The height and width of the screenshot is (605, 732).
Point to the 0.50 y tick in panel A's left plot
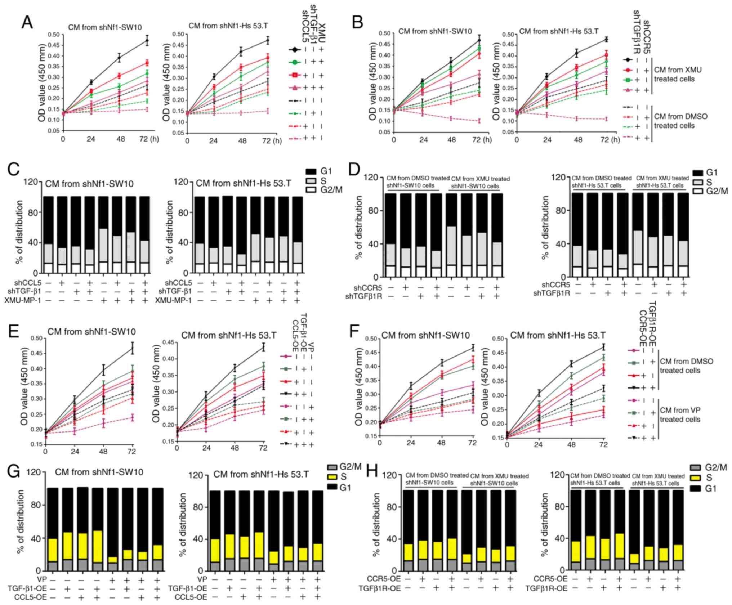click(53, 35)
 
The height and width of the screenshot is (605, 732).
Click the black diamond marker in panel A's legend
click(295, 50)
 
